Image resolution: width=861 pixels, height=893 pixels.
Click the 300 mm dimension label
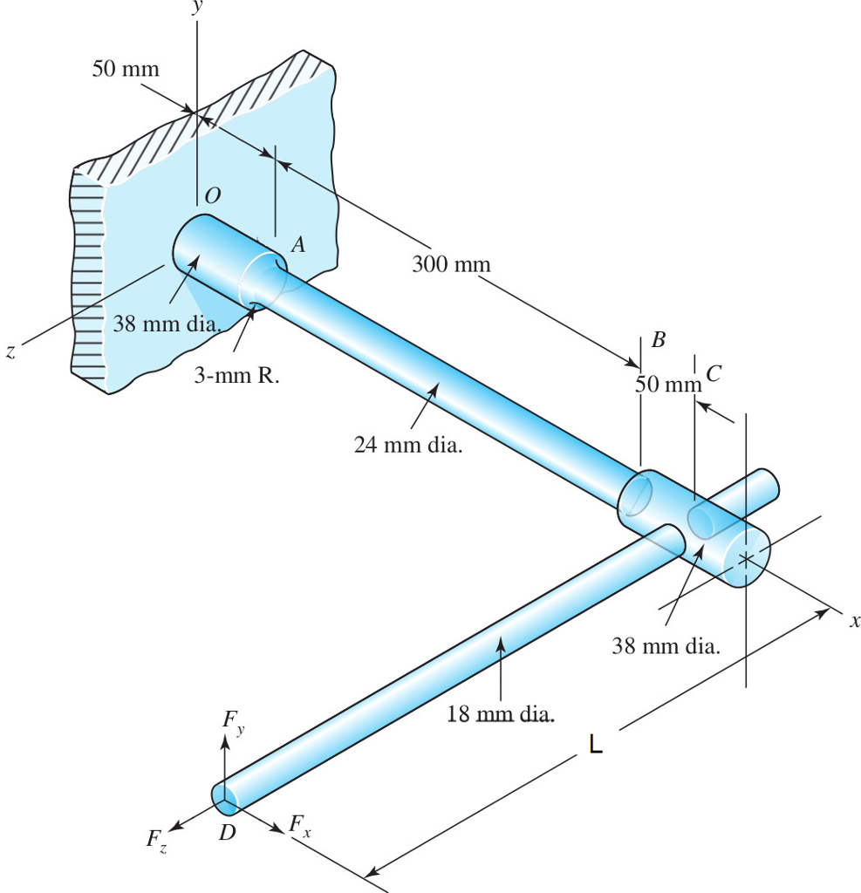pos(451,263)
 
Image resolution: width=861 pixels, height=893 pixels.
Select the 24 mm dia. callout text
pos(408,446)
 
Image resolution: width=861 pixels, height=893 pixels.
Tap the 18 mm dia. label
pos(501,716)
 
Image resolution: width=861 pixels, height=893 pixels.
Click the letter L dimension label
pos(595,745)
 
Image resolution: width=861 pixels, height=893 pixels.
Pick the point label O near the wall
pos(211,198)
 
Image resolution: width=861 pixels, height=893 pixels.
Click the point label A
pos(298,246)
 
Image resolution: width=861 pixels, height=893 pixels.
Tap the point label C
pos(714,374)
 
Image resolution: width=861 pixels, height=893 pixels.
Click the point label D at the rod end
pos(227,833)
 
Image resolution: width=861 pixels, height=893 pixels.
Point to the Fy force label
pos(231,719)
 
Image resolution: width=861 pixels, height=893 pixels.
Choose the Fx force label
pos(300,823)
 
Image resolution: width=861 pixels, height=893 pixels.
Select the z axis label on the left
pos(10,352)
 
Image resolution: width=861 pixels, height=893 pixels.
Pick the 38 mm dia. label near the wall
pos(166,325)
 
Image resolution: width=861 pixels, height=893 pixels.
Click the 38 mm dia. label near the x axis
pos(666,646)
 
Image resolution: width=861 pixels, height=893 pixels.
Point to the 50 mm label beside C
pos(668,383)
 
